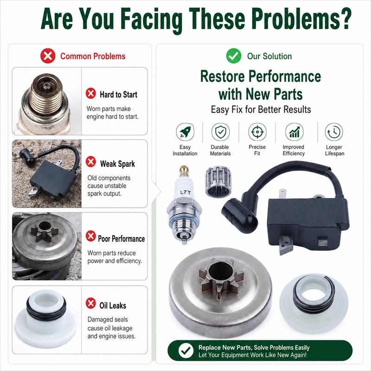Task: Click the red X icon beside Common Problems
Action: [x=48, y=56]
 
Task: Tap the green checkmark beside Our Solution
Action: [x=234, y=56]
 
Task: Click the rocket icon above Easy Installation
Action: [x=185, y=132]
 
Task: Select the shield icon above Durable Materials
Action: [x=221, y=132]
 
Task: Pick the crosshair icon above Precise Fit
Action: [x=257, y=132]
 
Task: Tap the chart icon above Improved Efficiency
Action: [x=294, y=132]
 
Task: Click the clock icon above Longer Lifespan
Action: [x=334, y=132]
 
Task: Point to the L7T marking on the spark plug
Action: [x=185, y=192]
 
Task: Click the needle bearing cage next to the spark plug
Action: [x=218, y=182]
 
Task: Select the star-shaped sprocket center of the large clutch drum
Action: [x=221, y=277]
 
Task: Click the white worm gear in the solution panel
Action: [x=314, y=304]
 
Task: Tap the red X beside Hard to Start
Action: [x=90, y=94]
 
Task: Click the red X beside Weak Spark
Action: [x=90, y=162]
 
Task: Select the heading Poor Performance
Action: [x=122, y=239]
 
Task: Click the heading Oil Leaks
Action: [x=113, y=306]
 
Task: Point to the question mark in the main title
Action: [x=344, y=19]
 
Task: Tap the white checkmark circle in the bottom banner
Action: [x=186, y=351]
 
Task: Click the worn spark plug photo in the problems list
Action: [x=47, y=101]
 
